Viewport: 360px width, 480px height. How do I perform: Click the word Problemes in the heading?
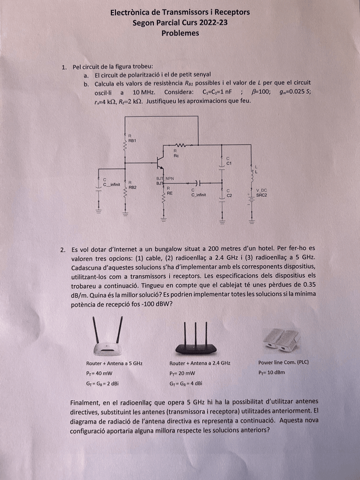pos(180,33)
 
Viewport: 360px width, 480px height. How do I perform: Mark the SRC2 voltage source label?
pos(261,194)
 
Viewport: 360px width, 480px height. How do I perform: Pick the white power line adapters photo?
pos(282,340)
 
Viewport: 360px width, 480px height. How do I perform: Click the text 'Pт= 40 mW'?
pos(99,373)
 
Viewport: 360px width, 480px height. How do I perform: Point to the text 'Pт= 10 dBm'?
pos(271,373)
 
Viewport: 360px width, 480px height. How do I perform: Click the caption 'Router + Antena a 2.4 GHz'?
pos(200,363)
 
